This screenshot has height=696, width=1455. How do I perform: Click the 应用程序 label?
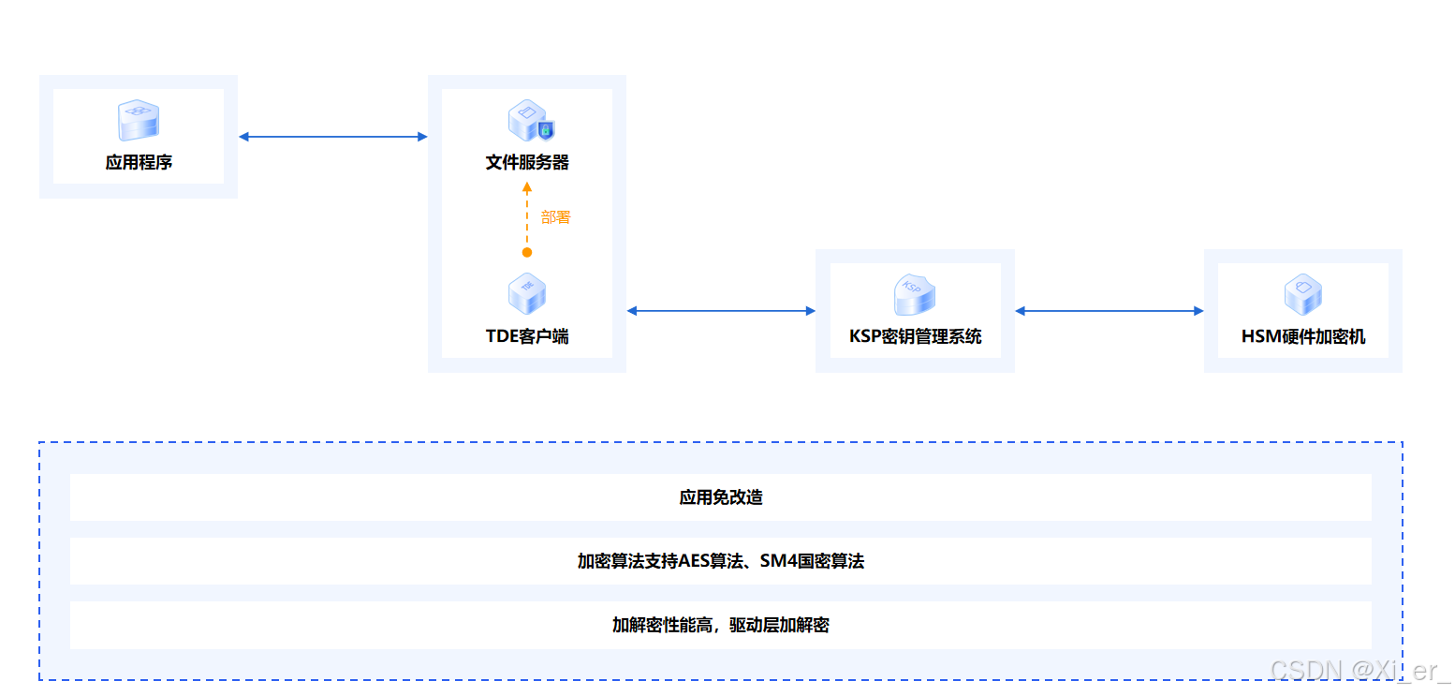pyautogui.click(x=139, y=162)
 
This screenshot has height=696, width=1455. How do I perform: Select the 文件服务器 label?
pyautogui.click(x=527, y=162)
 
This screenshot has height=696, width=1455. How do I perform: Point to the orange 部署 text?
pyautogui.click(x=555, y=217)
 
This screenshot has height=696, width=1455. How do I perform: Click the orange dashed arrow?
pyautogui.click(x=527, y=215)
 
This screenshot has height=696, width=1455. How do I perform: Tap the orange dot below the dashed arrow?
pyautogui.click(x=527, y=252)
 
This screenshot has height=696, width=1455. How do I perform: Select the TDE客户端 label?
pyautogui.click(x=527, y=336)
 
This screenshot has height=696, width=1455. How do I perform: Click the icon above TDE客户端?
pyautogui.click(x=527, y=294)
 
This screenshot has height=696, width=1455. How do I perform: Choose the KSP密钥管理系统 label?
pyautogui.click(x=915, y=336)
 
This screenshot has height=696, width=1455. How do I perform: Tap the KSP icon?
pyautogui.click(x=915, y=294)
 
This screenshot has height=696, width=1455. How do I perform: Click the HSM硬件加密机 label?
pyautogui.click(x=1303, y=336)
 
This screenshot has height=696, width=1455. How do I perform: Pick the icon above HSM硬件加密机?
pyautogui.click(x=1302, y=294)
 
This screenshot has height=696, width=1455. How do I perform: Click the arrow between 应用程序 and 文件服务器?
pyautogui.click(x=332, y=137)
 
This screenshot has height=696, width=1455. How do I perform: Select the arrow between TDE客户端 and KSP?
pyautogui.click(x=721, y=311)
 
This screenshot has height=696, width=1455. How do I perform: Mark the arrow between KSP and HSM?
pyautogui.click(x=1109, y=311)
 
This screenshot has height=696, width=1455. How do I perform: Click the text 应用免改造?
pyautogui.click(x=721, y=497)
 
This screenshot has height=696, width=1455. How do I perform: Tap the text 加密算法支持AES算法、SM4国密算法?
pyautogui.click(x=721, y=561)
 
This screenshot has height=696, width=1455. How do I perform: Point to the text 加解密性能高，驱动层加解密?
pyautogui.click(x=721, y=625)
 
